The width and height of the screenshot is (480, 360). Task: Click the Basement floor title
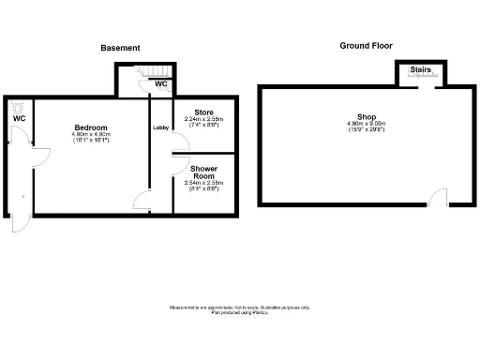(120, 48)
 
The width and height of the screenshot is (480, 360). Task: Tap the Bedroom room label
(91, 127)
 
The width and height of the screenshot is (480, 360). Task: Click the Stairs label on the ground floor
(419, 69)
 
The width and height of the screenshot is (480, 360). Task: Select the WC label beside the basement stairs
(161, 83)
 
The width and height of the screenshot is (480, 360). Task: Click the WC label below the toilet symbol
(19, 119)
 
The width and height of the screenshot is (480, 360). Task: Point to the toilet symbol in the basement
(19, 107)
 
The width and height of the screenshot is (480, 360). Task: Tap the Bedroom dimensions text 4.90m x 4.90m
(91, 134)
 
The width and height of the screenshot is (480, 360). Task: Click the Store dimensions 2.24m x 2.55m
(203, 119)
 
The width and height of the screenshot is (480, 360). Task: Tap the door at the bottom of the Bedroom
(141, 200)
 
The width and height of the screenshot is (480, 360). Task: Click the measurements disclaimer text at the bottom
(239, 309)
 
